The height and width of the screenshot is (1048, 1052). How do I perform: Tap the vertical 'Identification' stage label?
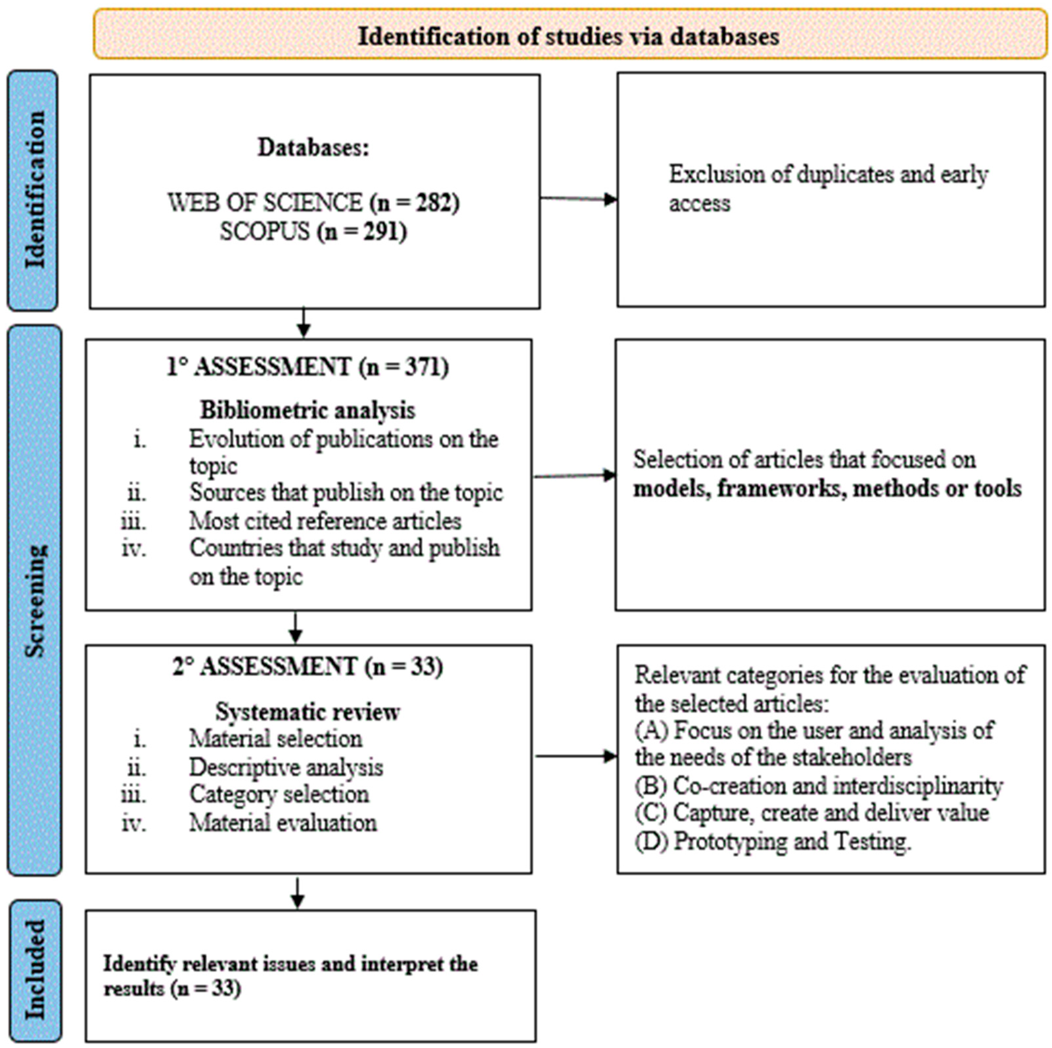click(x=34, y=190)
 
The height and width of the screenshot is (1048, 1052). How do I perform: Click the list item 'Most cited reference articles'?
click(x=325, y=521)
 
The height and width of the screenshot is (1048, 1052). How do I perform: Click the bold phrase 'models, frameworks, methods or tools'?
click(x=827, y=488)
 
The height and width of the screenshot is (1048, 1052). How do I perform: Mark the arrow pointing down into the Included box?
click(x=297, y=894)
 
